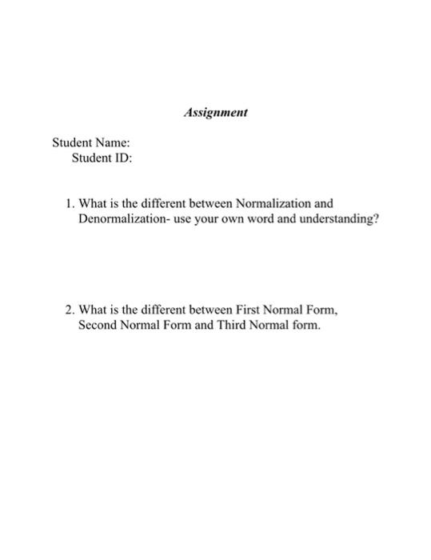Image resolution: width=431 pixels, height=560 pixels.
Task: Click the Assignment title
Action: tap(215, 113)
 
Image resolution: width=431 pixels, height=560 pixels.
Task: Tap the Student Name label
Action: tap(91, 143)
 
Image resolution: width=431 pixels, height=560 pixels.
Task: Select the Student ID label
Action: tap(102, 158)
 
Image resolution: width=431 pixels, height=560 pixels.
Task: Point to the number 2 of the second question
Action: tap(70, 310)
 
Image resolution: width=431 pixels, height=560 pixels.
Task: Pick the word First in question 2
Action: tap(250, 310)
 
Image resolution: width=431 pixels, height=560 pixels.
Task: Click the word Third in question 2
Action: tap(233, 326)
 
